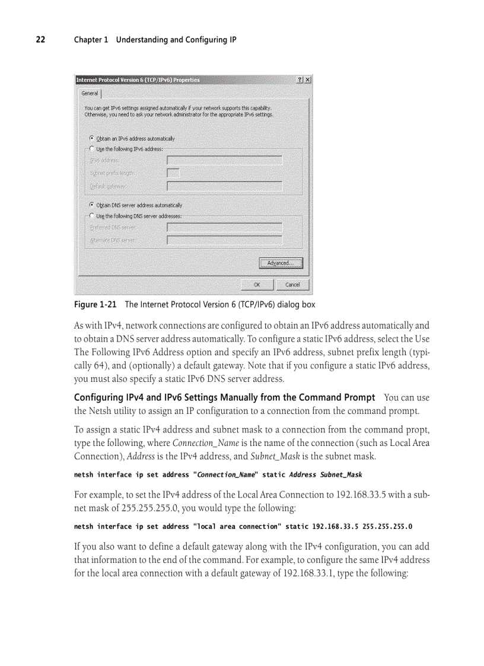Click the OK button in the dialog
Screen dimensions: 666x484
tap(256, 285)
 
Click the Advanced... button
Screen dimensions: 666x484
tap(281, 263)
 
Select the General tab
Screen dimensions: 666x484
tap(90, 93)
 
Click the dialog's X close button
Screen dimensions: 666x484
tap(307, 80)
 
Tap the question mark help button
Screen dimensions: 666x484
tap(300, 80)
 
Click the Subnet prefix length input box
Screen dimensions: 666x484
tap(173, 173)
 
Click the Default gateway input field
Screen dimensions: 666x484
tap(224, 186)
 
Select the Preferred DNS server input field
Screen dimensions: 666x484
tap(224, 227)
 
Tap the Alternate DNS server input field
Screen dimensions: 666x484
tap(224, 240)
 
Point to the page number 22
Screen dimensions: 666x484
tap(40, 40)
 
